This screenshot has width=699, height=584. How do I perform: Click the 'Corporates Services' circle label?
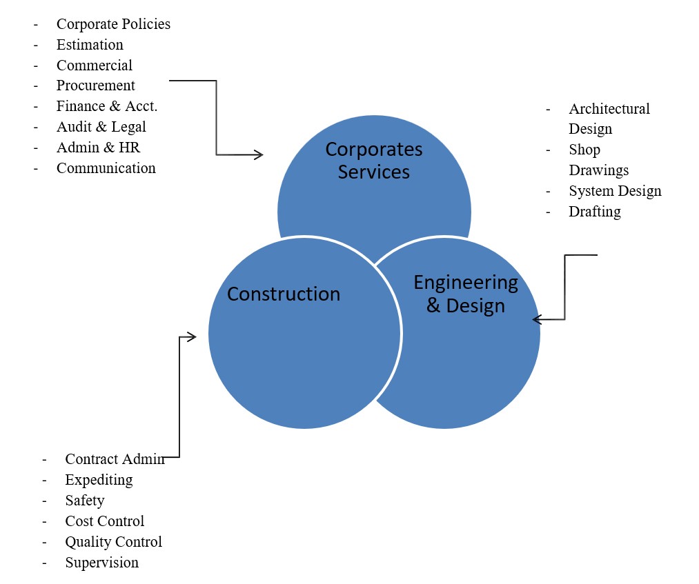(374, 161)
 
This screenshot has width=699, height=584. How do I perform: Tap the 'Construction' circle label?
(284, 294)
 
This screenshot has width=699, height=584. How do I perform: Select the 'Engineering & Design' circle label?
(465, 293)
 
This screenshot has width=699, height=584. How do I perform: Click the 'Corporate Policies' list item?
(113, 24)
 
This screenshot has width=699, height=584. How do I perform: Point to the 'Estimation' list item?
(90, 45)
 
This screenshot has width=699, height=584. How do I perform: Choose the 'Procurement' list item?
(96, 85)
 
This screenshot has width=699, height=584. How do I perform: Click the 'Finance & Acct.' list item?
(107, 106)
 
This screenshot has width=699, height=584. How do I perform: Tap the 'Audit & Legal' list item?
(101, 127)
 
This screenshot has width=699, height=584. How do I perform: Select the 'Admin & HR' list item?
(99, 148)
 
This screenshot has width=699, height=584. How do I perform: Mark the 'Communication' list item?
(106, 168)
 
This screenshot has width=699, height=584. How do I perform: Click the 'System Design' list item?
(615, 191)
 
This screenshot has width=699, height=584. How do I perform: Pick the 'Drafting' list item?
(595, 212)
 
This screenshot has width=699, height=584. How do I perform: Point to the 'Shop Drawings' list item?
(598, 160)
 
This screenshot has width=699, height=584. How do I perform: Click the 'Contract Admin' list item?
(115, 459)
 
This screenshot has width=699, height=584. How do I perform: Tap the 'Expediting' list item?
(99, 480)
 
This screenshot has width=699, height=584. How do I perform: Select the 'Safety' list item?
(85, 501)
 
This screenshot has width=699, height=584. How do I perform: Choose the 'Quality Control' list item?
(114, 542)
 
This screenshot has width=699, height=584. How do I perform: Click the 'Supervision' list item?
(102, 563)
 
